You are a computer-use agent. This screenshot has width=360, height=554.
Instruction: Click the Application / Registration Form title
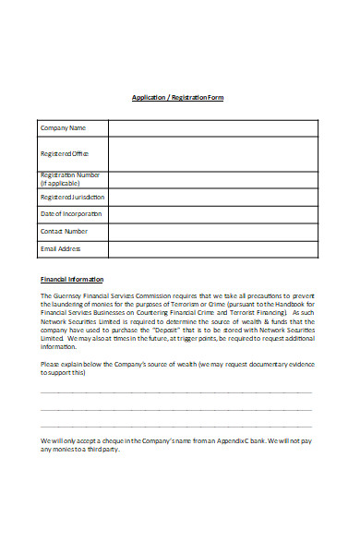[x=177, y=97]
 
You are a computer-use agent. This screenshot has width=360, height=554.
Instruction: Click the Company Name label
[x=63, y=127]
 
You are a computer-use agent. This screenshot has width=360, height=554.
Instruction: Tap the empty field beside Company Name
[x=213, y=127]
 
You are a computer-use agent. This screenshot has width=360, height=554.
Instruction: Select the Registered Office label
[x=65, y=153]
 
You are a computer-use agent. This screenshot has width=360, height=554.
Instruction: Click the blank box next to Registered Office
[x=213, y=153]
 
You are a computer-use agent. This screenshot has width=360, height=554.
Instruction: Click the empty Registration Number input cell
[x=213, y=179]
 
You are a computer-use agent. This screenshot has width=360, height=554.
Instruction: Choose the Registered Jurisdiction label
[x=72, y=197]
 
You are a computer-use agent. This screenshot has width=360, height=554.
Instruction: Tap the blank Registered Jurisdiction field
[x=213, y=197]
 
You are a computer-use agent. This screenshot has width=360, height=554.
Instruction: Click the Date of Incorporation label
[x=71, y=214]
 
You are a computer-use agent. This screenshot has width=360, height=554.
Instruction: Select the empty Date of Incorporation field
[x=213, y=214]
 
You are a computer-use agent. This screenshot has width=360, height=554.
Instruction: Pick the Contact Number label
[x=65, y=231]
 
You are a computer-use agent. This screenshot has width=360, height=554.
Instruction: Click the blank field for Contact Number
[x=213, y=231]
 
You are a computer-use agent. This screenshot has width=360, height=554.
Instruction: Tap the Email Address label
[x=61, y=248]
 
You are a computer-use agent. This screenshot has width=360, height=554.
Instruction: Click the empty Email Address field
[x=213, y=248]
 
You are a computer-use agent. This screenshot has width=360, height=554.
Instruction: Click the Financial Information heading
[x=72, y=279]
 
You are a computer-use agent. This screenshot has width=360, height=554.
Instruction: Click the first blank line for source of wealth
[x=176, y=391]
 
